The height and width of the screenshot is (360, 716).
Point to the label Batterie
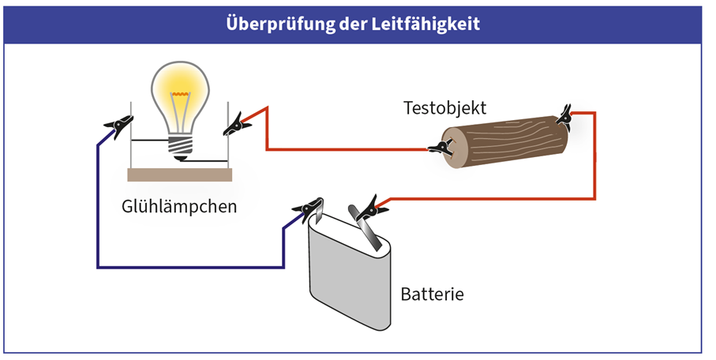(x=432, y=295)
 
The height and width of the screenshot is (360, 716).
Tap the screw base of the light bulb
(x=181, y=144)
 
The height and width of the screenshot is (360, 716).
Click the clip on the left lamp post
(x=118, y=125)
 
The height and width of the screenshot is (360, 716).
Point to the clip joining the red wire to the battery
(x=368, y=208)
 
